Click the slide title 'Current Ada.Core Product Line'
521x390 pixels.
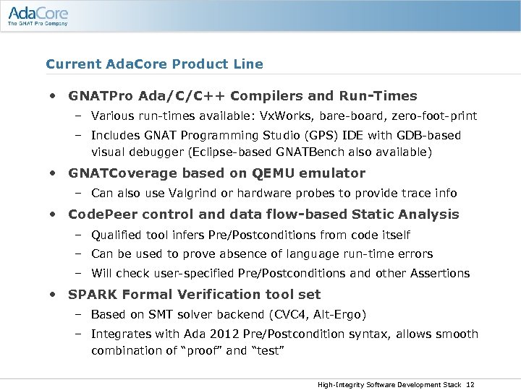[x=154, y=64]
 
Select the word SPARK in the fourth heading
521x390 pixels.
[x=91, y=295]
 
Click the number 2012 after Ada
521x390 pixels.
[x=217, y=334]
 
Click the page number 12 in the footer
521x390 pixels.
[x=470, y=384]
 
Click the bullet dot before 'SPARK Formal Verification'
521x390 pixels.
[x=54, y=295]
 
